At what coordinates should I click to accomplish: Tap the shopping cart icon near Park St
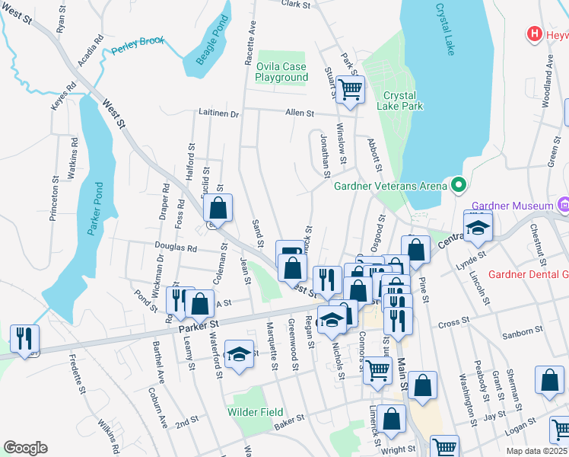tap(350, 89)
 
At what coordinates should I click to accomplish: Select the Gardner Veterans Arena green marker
tap(458, 185)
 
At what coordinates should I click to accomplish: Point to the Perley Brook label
tap(137, 51)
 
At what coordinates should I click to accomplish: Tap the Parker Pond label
tap(94, 209)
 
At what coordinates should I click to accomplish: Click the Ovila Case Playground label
tap(281, 72)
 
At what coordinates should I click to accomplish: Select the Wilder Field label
tap(256, 412)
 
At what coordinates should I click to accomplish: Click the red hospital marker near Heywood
tap(535, 34)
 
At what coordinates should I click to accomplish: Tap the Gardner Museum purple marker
tap(564, 205)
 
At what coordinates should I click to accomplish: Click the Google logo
tap(25, 448)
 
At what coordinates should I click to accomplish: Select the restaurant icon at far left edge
tap(24, 337)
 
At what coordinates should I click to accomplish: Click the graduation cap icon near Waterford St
tap(239, 354)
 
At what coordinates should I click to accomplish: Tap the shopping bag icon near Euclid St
tap(218, 207)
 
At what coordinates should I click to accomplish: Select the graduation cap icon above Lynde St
tap(478, 225)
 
